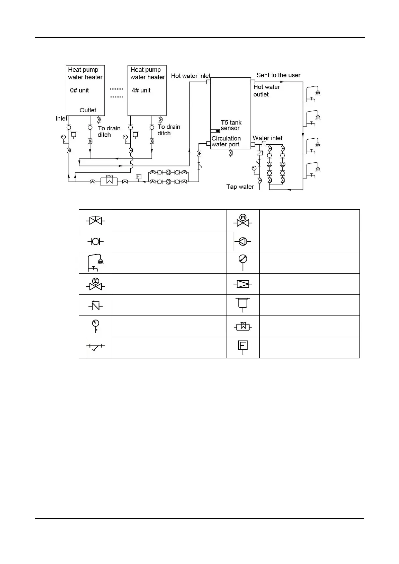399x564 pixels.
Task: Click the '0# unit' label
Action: coord(79,90)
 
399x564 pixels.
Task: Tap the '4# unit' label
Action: coord(141,90)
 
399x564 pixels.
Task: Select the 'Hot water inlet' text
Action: coord(191,76)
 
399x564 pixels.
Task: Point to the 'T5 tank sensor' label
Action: coord(231,125)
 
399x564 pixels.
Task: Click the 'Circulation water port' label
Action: coord(226,141)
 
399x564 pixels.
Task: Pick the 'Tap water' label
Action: coord(240,187)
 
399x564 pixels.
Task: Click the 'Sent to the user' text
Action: coord(278,75)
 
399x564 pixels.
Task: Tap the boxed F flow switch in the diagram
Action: coord(139,177)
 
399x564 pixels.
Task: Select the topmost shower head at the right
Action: coord(318,92)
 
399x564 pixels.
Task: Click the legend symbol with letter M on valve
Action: coord(243,220)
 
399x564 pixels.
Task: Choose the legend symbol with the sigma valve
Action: coord(95,284)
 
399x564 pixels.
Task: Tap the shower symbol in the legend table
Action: coord(95,263)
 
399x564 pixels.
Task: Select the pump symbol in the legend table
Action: coord(243,241)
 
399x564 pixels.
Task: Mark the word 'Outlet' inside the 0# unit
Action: coord(88,110)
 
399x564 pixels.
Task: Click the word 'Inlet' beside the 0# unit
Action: coord(61,119)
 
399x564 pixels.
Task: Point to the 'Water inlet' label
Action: coord(267,138)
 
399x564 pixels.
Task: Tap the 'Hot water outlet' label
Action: coord(266,91)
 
